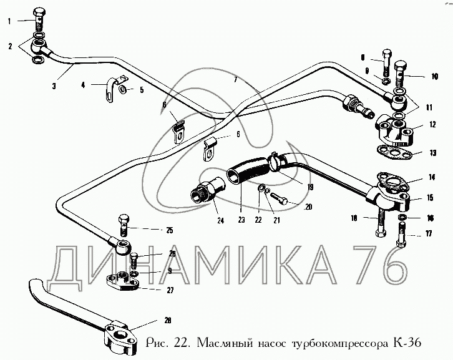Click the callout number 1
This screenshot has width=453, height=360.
pyautogui.click(x=9, y=21)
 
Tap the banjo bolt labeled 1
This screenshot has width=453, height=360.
pyautogui.click(x=39, y=19)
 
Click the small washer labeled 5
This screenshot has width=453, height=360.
pyautogui.click(x=122, y=89)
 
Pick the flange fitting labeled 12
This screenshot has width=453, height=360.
pyautogui.click(x=394, y=133)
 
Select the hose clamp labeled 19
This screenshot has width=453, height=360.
pyautogui.click(x=275, y=161)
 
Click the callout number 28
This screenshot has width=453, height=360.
pyautogui.click(x=168, y=320)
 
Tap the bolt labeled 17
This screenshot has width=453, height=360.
pyautogui.click(x=402, y=235)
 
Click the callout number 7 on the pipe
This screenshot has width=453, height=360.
pyautogui.click(x=236, y=79)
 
